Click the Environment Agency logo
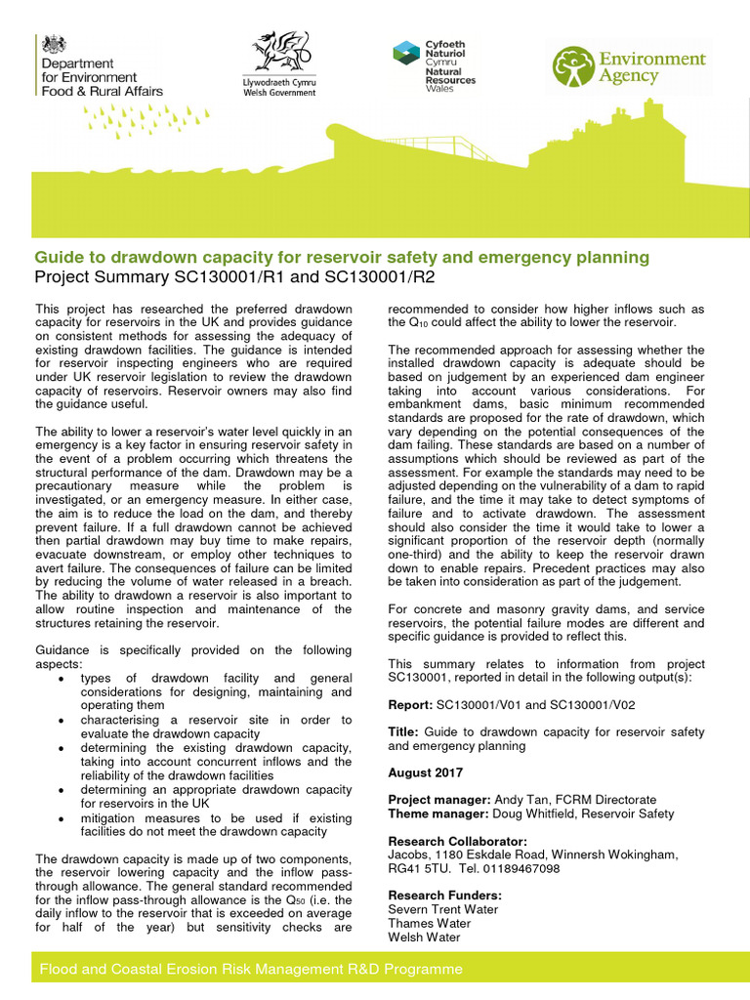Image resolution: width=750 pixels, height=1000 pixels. point(629,67)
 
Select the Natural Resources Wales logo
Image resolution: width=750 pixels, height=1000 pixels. point(434,65)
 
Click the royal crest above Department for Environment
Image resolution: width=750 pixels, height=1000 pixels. point(51,45)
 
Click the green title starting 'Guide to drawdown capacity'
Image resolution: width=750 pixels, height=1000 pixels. point(342,258)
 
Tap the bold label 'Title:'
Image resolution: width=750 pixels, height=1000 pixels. point(403,731)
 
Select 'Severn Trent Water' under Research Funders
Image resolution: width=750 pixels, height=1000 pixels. point(442,909)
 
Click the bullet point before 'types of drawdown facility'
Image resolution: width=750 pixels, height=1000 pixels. point(62,679)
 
